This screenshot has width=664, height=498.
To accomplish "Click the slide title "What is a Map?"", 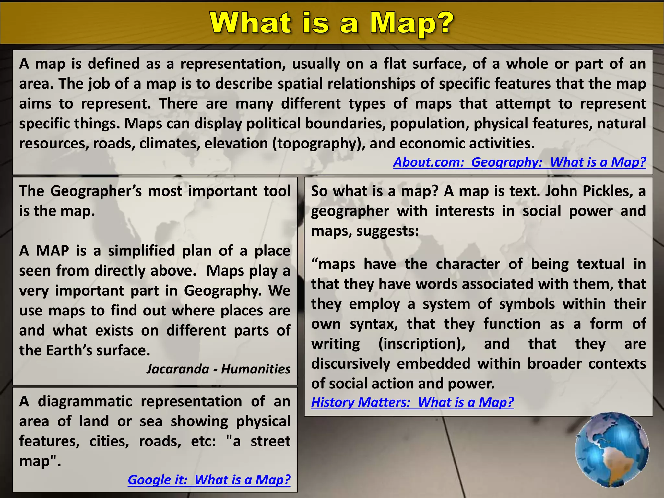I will point(332,23).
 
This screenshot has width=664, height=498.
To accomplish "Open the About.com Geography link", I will point(519,162).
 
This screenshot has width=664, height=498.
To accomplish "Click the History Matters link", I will point(412,402).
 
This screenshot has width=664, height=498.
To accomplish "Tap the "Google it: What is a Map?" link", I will point(209,480).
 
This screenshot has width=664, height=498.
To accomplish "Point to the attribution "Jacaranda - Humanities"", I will point(218,369).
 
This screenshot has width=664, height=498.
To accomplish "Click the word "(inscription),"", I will point(422,344).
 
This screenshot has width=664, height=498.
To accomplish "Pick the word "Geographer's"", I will point(96,191).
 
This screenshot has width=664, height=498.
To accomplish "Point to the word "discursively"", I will point(350,363).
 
